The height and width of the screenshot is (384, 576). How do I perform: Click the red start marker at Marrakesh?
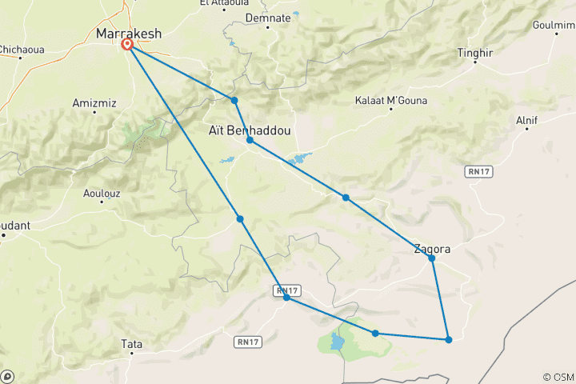tap(127, 45)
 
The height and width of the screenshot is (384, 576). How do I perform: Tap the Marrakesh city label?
tap(128, 34)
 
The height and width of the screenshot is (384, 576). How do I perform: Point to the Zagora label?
tap(432, 249)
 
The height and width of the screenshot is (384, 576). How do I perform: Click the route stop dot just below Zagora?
tap(431, 258)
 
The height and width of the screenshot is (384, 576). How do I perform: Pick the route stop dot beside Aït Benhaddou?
tap(250, 140)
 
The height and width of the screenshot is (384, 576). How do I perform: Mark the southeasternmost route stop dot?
tap(449, 340)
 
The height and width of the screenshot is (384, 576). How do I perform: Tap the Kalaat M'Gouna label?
tap(391, 101)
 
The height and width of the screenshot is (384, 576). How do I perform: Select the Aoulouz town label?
tap(104, 193)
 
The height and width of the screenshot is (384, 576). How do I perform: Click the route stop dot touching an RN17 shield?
tap(286, 298)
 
